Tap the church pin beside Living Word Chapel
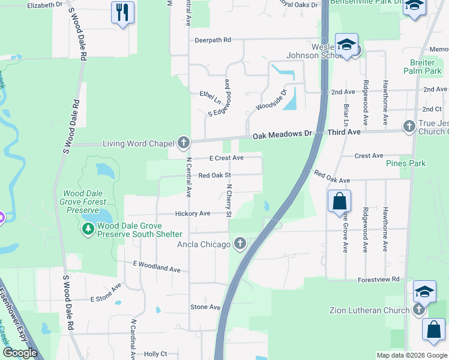tap(184, 143)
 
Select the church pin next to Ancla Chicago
tap(240, 244)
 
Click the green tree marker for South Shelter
tap(88, 229)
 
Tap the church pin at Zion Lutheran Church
tap(419, 310)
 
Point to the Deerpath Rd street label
tap(212, 40)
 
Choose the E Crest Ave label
tap(226, 158)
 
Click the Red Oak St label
tap(215, 175)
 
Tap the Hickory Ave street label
tap(193, 214)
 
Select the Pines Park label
tap(406, 163)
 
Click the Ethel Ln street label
tap(211, 94)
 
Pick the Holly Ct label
tap(155, 354)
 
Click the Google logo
tap(20, 353)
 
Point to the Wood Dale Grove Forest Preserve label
tap(80, 202)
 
